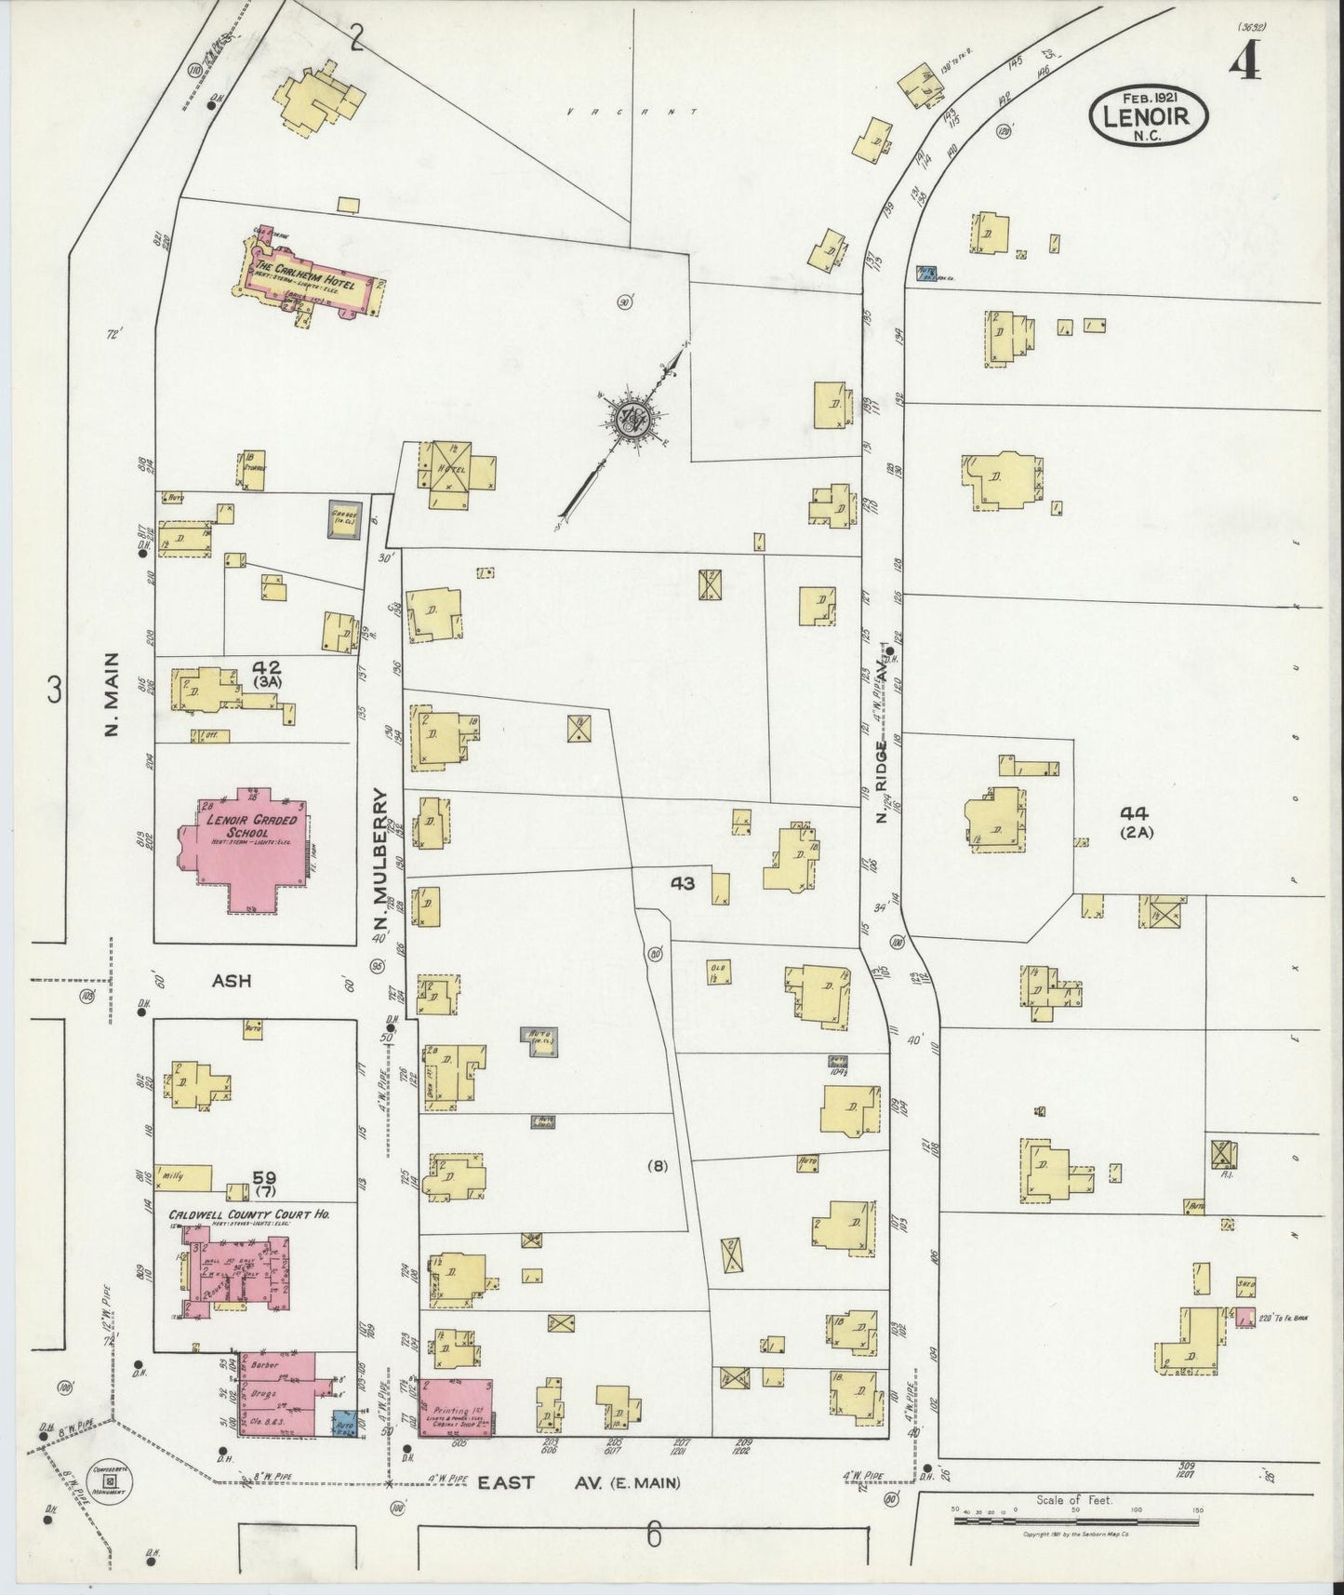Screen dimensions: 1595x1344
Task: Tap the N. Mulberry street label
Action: [x=379, y=861]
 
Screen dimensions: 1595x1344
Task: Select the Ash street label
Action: [x=233, y=981]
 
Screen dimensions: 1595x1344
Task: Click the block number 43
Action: [x=682, y=884]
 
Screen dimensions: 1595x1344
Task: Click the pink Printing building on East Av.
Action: [x=455, y=1408]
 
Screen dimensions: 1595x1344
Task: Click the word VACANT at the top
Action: [x=632, y=112]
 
